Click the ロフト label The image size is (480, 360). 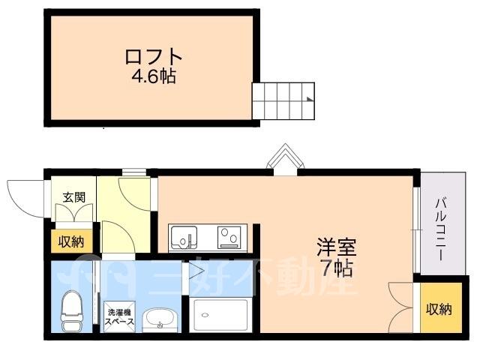click(x=154, y=56)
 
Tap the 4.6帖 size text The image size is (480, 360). click(x=154, y=76)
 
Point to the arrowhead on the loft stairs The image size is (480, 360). click(x=310, y=99)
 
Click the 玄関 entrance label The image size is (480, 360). click(x=73, y=197)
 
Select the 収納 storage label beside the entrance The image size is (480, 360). click(x=71, y=241)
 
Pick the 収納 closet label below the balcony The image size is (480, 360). click(x=439, y=310)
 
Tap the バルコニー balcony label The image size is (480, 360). click(x=441, y=229)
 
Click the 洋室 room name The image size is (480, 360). click(x=337, y=247)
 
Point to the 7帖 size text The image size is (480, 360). click(x=337, y=268)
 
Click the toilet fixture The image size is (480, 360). click(x=72, y=310)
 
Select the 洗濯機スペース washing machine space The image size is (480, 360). click(x=119, y=316)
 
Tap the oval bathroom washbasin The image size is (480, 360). click(x=159, y=319)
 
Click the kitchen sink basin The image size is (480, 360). click(x=184, y=237)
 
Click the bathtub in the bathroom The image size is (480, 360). click(x=220, y=315)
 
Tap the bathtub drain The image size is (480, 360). click(x=205, y=315)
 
